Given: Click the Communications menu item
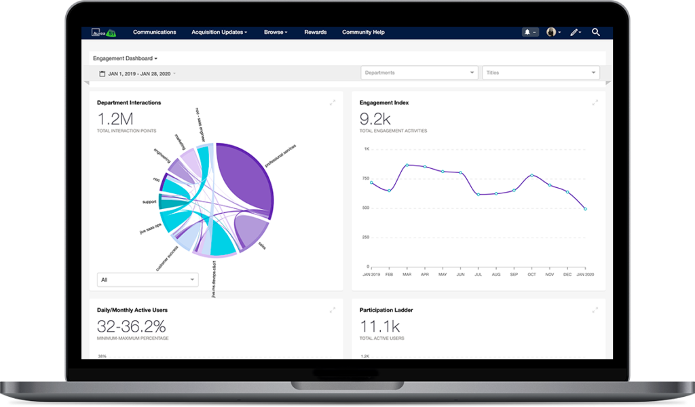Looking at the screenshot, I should pos(154,32).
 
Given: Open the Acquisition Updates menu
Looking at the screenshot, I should pos(219,32).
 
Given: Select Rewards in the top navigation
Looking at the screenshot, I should pos(315,32).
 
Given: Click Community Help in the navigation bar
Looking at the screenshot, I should pos(363,32).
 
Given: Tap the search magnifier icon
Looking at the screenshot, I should pos(595,32).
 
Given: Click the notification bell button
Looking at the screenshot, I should pos(529,32).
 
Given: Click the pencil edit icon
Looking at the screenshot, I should pos(574,32).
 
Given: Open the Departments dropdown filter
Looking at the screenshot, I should pos(419,73).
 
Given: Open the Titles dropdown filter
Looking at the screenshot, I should pos(540,73).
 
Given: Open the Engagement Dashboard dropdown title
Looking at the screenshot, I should pos(125,58).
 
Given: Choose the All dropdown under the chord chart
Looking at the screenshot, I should pos(147,279).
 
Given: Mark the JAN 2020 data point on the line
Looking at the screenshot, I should pos(584,209).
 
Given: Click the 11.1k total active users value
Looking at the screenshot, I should pos(379,326).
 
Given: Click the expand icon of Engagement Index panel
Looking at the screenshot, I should pos(595,102).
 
